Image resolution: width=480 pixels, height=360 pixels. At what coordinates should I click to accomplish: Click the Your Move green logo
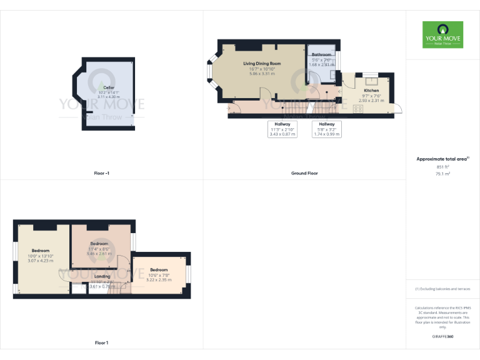[x=442, y=34]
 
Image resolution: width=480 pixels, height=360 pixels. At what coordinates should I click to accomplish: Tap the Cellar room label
[x=109, y=88]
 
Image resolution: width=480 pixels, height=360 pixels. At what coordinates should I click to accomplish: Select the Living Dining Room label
[x=262, y=64]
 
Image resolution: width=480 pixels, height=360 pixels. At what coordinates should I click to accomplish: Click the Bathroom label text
[x=322, y=55]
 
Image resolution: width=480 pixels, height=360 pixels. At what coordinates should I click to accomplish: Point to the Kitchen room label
[x=371, y=91]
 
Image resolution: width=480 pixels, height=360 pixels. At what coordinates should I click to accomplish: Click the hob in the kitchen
[x=359, y=109]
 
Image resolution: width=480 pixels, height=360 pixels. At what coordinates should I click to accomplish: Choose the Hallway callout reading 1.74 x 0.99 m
[x=326, y=129]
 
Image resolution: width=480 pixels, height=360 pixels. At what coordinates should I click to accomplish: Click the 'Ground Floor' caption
[x=304, y=173]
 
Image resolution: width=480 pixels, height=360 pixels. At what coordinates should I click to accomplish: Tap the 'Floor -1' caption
[x=101, y=173]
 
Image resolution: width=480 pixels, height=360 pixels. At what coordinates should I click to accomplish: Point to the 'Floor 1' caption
[x=101, y=342]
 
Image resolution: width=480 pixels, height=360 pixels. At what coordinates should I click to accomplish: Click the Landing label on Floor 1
[x=102, y=276]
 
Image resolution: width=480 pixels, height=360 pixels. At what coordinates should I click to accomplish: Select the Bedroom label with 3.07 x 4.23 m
[x=40, y=251]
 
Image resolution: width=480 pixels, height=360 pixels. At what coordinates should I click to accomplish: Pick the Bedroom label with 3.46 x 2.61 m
[x=99, y=243]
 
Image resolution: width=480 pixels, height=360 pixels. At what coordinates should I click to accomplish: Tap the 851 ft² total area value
[x=442, y=167]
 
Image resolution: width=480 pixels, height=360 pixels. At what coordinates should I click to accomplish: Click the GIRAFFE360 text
[x=442, y=337]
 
